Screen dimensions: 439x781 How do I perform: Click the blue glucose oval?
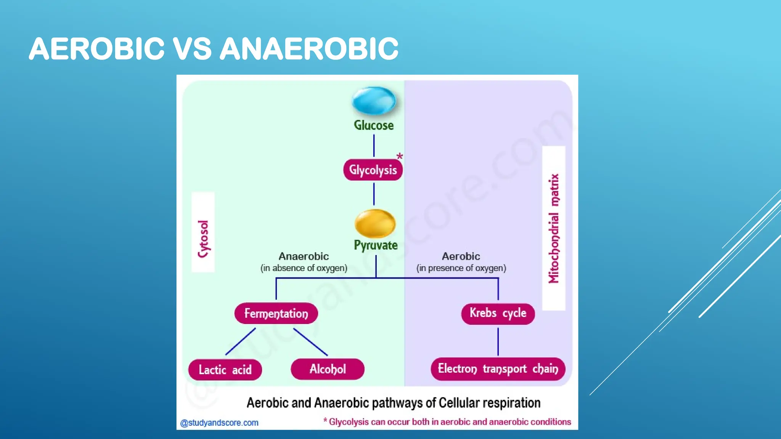(x=374, y=101)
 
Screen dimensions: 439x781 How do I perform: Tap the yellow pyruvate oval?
(x=375, y=223)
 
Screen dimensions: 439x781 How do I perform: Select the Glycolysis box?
(x=373, y=170)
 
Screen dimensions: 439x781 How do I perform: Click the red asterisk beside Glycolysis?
(x=399, y=156)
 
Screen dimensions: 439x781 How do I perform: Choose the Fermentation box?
(x=276, y=313)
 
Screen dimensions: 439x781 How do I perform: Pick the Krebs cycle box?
(x=498, y=313)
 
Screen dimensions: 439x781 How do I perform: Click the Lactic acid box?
(x=225, y=370)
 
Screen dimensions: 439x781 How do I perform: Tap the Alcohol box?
(x=328, y=369)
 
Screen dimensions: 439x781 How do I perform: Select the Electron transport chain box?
(x=498, y=369)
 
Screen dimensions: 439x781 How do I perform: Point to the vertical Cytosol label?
(x=203, y=239)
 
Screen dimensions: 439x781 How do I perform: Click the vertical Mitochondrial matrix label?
(x=554, y=229)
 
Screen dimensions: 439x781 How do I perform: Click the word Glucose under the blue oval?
(x=374, y=125)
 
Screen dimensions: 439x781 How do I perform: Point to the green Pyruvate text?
(x=376, y=245)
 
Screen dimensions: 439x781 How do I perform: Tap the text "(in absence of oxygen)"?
(x=304, y=268)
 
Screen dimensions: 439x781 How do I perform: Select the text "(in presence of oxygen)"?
(x=461, y=268)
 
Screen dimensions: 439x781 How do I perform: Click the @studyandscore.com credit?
(x=219, y=423)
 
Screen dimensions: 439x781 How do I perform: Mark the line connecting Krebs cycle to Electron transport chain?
(x=498, y=341)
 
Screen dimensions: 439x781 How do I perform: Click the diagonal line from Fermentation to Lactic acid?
(x=241, y=341)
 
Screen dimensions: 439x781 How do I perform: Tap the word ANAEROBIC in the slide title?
(x=309, y=49)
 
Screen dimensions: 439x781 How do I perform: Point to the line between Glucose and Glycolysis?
(x=374, y=146)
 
